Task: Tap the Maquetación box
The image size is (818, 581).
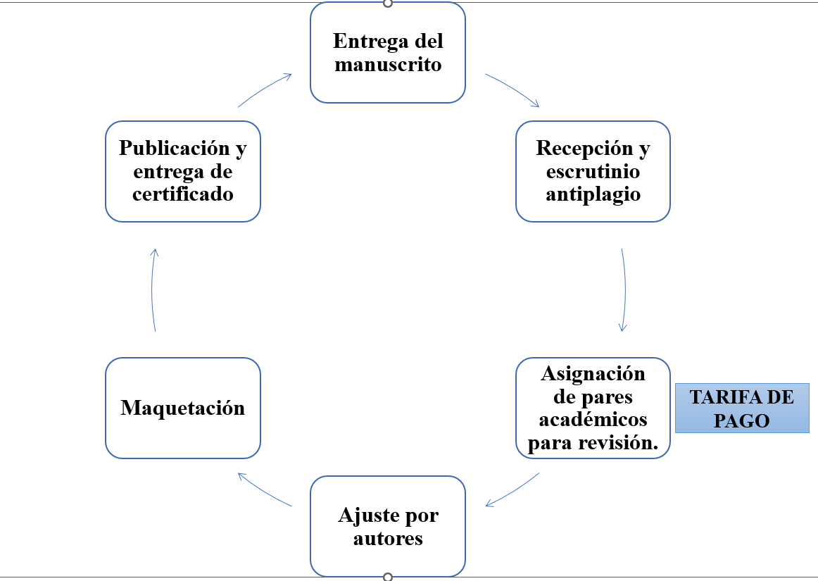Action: click(x=183, y=408)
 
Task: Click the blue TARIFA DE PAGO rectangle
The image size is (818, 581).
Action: click(x=741, y=408)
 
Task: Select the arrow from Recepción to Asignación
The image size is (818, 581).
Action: click(x=624, y=289)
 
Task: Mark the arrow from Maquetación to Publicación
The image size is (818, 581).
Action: click(x=153, y=289)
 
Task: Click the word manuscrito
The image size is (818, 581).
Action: click(x=388, y=65)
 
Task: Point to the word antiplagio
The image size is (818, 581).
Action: click(x=593, y=194)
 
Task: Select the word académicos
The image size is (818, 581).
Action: click(x=593, y=420)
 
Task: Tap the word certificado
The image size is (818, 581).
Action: click(x=183, y=194)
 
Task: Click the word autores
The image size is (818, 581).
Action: click(x=388, y=539)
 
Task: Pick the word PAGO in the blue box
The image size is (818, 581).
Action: click(x=741, y=420)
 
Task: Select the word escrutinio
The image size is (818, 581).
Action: click(x=593, y=171)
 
